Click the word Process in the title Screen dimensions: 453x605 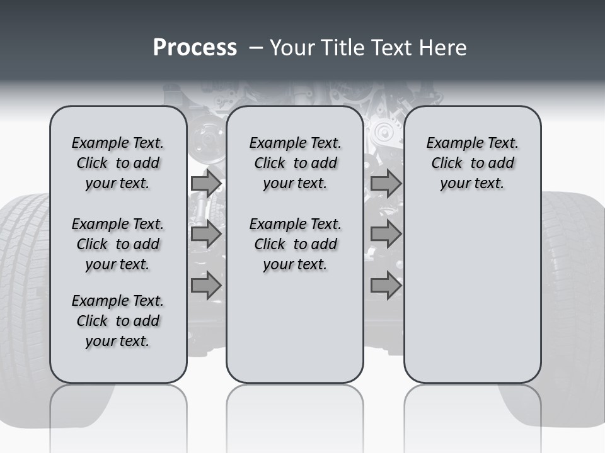(x=195, y=47)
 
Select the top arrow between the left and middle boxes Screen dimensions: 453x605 (x=206, y=183)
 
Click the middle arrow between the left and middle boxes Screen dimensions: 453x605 (x=206, y=234)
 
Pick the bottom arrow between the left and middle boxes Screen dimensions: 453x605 (x=206, y=285)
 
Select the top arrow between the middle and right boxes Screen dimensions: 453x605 (x=386, y=183)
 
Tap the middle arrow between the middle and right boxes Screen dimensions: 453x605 (x=386, y=234)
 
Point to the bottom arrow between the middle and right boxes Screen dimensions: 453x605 (x=386, y=285)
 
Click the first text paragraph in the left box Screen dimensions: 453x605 (x=118, y=163)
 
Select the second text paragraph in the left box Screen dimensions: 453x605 (x=118, y=244)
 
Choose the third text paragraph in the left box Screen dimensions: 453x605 (x=118, y=321)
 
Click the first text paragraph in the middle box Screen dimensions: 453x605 (x=295, y=163)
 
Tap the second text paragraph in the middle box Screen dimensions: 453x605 (x=295, y=244)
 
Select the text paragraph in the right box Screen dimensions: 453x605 (x=472, y=163)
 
